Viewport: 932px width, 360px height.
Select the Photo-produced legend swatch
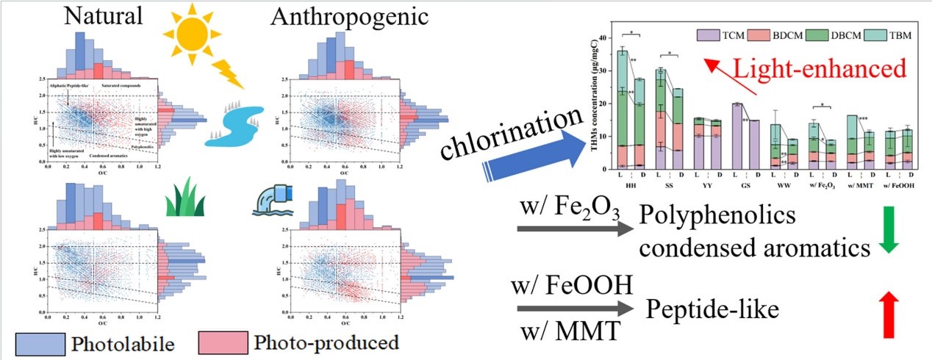(x=220, y=342)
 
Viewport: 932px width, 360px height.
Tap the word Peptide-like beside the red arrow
(x=711, y=310)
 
